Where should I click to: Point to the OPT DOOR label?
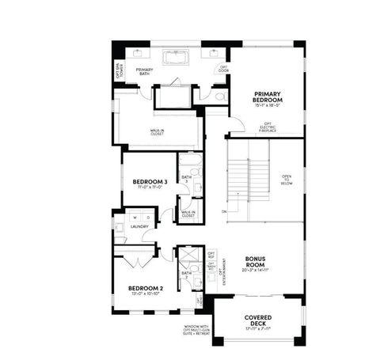click(224, 68)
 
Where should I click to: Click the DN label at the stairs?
click(224, 212)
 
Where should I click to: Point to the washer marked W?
click(135, 217)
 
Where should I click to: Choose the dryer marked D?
click(147, 217)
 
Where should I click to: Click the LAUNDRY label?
click(139, 235)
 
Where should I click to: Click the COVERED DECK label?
click(258, 318)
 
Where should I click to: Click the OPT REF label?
click(211, 255)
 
